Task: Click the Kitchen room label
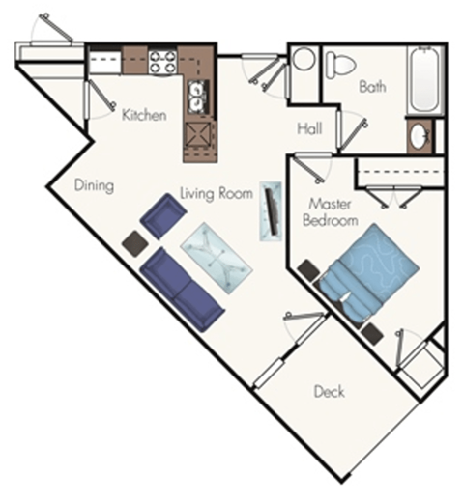[x=143, y=115]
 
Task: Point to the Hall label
[x=309, y=128]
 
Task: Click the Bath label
[x=372, y=87]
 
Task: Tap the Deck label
[x=330, y=392]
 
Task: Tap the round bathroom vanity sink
[x=419, y=137]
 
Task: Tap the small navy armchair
[x=160, y=216]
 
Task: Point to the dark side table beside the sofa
[x=132, y=244]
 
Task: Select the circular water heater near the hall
[x=304, y=61]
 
